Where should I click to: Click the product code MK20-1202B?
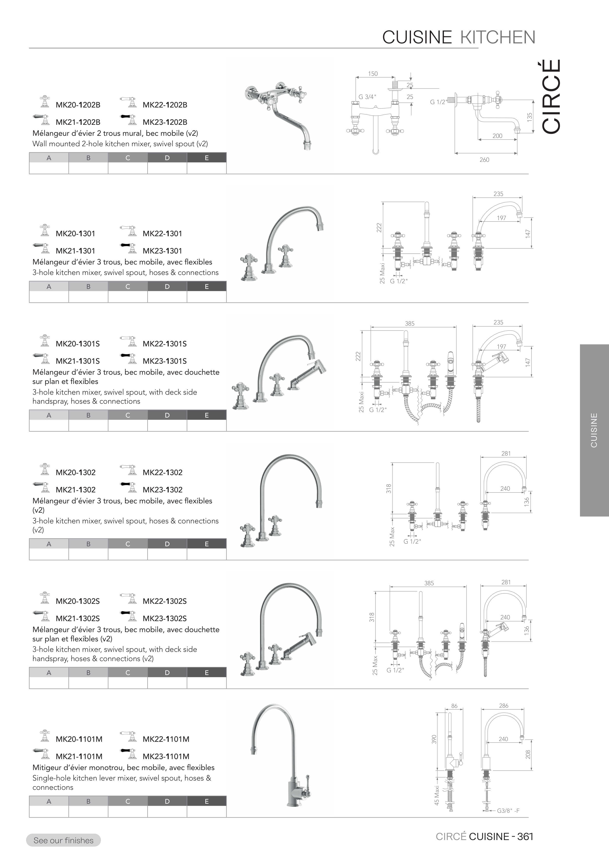[78, 105]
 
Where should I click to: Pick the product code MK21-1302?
[75, 490]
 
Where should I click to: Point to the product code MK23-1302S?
[165, 618]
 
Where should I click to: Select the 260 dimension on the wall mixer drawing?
[484, 160]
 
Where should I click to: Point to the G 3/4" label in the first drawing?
[367, 97]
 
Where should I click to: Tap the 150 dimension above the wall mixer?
[373, 74]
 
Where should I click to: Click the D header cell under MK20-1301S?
[167, 415]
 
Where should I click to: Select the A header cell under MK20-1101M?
[49, 801]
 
